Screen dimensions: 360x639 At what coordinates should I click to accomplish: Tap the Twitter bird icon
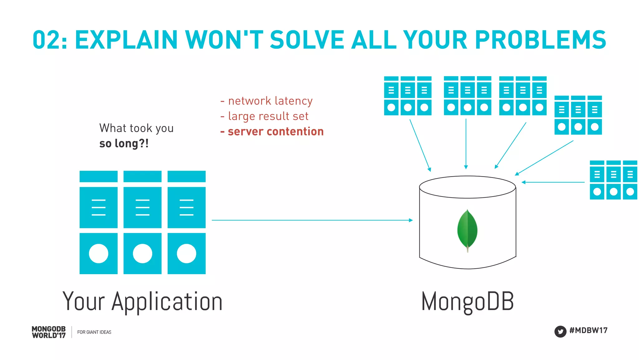(x=560, y=331)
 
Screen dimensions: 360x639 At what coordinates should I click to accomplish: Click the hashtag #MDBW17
(x=588, y=330)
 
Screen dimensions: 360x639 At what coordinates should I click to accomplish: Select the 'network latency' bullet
(x=267, y=101)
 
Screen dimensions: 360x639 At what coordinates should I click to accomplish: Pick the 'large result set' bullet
(x=265, y=116)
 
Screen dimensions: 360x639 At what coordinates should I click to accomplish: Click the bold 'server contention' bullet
(x=272, y=131)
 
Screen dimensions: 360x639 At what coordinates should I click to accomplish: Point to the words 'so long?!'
(x=124, y=143)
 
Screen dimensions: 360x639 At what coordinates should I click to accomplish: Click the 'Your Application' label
(x=142, y=301)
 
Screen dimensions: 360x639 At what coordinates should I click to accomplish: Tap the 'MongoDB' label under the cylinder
(x=467, y=301)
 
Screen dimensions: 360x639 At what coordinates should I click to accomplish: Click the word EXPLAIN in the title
(x=126, y=40)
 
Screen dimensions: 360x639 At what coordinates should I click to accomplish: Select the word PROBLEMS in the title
(x=540, y=40)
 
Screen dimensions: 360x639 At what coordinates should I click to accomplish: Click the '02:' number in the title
(x=50, y=40)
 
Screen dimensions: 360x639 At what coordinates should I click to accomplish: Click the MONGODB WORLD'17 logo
(x=49, y=332)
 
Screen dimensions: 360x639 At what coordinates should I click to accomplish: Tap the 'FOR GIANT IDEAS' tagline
(x=94, y=332)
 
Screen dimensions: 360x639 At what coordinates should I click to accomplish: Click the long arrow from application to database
(x=312, y=220)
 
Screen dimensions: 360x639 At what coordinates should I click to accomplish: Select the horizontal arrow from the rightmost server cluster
(x=553, y=182)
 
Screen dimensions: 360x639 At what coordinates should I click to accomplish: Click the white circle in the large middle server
(x=143, y=254)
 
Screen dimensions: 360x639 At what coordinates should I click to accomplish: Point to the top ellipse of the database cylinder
(x=467, y=187)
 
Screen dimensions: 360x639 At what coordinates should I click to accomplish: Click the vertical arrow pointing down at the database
(x=466, y=144)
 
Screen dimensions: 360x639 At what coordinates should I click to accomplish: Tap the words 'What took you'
(x=136, y=128)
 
